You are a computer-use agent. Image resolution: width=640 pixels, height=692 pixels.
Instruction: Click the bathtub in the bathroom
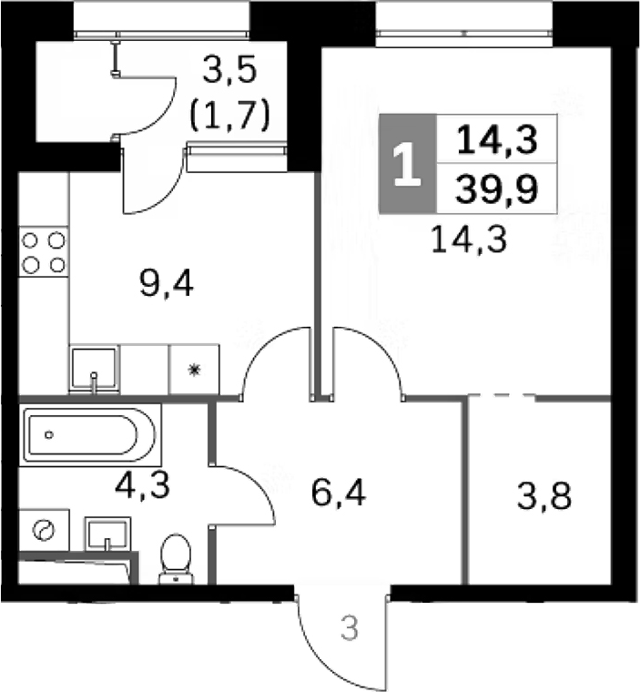pyautogui.click(x=91, y=434)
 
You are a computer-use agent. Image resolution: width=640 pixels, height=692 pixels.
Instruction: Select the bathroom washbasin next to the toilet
pyautogui.click(x=108, y=533)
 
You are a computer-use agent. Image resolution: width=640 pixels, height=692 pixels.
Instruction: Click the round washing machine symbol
pyautogui.click(x=44, y=530)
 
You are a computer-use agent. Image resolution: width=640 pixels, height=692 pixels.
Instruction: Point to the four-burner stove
pyautogui.click(x=44, y=252)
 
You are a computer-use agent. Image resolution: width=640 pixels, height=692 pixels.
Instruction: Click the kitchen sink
pyautogui.click(x=94, y=369)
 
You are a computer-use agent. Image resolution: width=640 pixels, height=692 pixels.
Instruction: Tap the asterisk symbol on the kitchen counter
pyautogui.click(x=194, y=370)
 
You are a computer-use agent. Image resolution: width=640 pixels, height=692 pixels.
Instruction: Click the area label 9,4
pyautogui.click(x=168, y=286)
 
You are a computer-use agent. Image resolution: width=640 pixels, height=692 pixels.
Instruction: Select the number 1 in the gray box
pyautogui.click(x=407, y=165)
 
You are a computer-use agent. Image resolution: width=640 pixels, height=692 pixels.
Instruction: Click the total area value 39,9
pyautogui.click(x=496, y=188)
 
